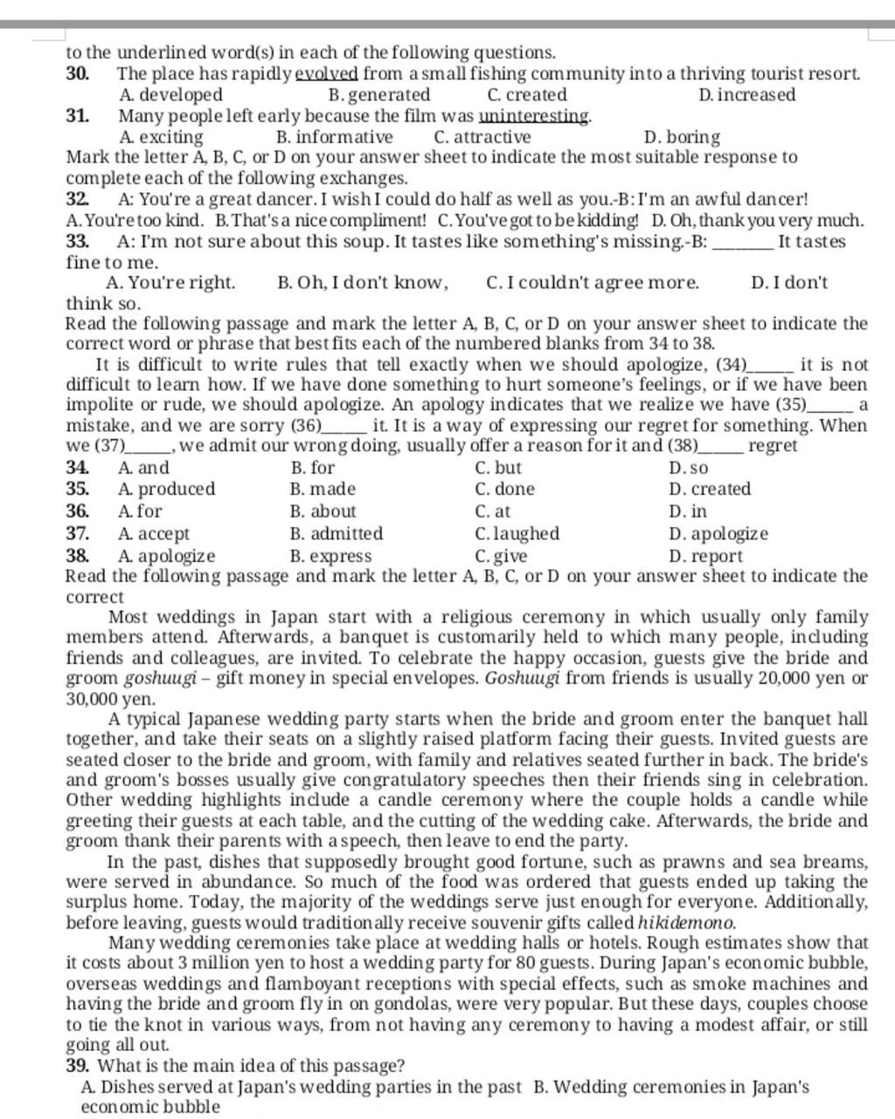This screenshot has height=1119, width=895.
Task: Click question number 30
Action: point(77,73)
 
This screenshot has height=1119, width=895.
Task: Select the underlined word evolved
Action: point(327,73)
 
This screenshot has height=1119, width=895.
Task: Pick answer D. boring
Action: point(682,137)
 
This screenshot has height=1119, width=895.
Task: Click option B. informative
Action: point(334,137)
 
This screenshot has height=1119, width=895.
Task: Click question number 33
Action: point(77,241)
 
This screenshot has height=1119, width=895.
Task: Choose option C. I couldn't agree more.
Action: point(593,282)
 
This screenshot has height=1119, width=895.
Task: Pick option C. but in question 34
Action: point(498,468)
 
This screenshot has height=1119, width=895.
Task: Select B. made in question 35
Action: point(323,489)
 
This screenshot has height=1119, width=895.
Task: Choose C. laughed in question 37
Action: point(517,533)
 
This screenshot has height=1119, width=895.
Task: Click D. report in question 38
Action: point(705,556)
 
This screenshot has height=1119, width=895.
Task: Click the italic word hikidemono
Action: point(686,922)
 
